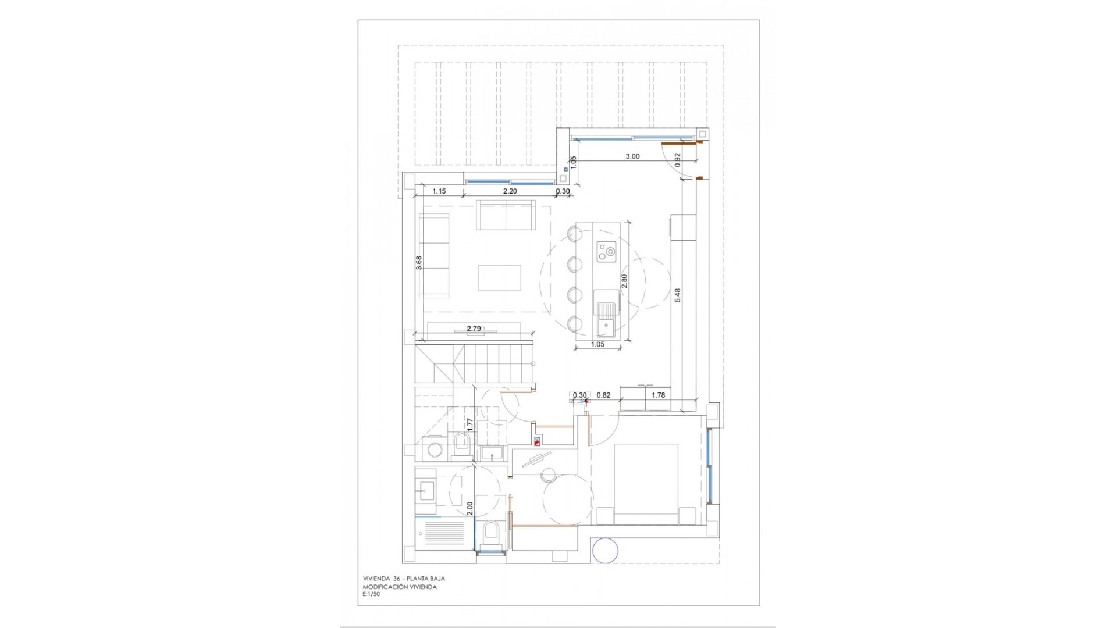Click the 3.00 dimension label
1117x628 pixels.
[632, 156]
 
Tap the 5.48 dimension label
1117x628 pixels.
[678, 295]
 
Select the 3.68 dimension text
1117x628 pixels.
[419, 263]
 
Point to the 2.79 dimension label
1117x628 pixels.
[474, 329]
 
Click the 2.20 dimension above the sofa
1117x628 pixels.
[510, 191]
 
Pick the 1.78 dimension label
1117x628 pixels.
[658, 395]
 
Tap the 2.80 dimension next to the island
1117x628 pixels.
[625, 281]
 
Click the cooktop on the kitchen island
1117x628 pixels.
[606, 252]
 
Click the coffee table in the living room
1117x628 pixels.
[500, 277]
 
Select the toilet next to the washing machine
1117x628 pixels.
[463, 444]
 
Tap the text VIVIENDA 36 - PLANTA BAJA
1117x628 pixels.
[404, 579]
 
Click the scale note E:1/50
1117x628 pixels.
[371, 594]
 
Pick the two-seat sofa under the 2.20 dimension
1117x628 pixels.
[506, 215]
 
